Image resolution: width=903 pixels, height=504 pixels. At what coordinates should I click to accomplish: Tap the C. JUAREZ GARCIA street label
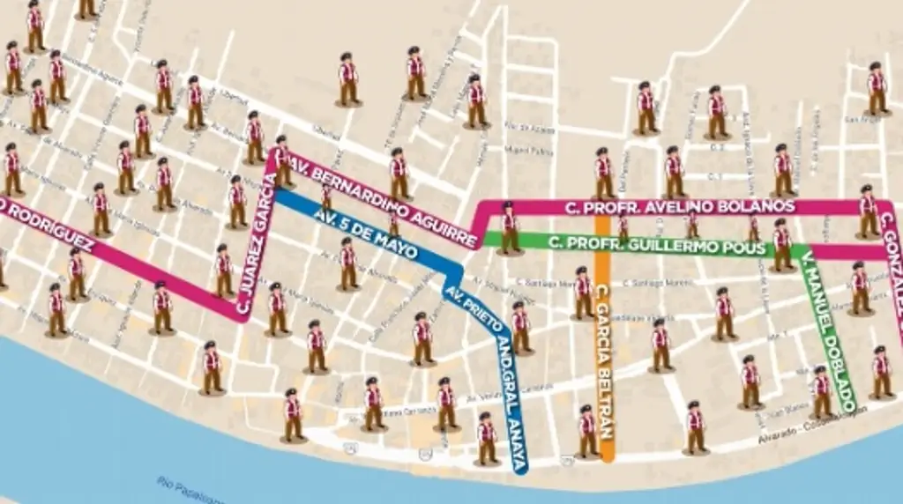pos(256,245)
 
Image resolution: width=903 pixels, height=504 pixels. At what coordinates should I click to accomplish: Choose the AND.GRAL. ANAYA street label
pos(509,397)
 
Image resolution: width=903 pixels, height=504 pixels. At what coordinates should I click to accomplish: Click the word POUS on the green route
pos(746,248)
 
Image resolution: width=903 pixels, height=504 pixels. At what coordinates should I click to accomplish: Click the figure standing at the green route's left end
pos(509,229)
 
